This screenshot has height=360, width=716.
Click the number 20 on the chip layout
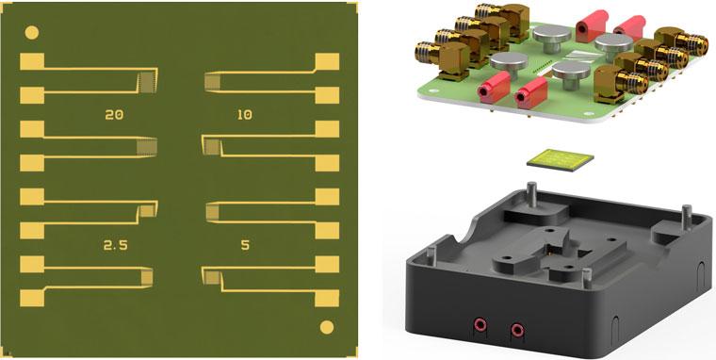tap(114, 115)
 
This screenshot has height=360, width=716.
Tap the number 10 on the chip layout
tap(245, 115)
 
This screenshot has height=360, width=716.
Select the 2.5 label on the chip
tap(116, 246)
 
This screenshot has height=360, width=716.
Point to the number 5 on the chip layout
tap(245, 245)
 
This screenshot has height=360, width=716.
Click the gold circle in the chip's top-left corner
tap(31, 32)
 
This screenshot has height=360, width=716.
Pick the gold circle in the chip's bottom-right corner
tap(327, 327)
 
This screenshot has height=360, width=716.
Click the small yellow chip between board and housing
tap(561, 160)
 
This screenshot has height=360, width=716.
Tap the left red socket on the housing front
tap(480, 325)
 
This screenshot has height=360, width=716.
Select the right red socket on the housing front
tap(517, 330)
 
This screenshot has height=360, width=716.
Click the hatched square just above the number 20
tap(148, 83)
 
